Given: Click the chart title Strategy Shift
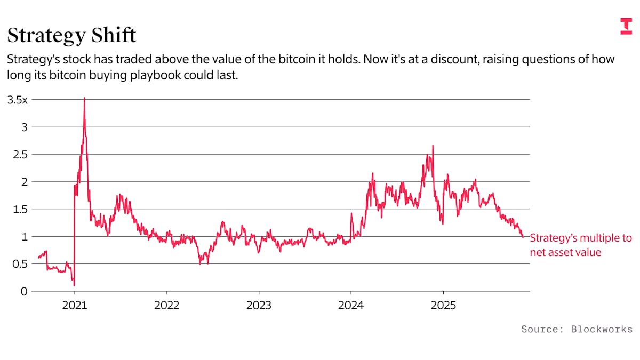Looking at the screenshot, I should pos(71,35).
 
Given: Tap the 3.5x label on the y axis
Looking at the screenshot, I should pos(17,100).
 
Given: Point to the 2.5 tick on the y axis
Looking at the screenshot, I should pos(18,155).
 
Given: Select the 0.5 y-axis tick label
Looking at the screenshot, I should pos(18,264).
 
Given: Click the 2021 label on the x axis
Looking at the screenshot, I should pos(75,307).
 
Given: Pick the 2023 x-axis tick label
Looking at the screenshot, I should pos(259,307).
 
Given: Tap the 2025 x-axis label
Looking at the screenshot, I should pos(443,307).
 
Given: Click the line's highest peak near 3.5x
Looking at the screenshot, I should pos(84,98).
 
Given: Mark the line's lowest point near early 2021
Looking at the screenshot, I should pos(74,285).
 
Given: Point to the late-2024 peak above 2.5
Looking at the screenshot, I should pos(433,146).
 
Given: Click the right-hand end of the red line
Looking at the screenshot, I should pos(523,237).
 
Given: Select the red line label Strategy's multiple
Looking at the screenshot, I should pos(580,238).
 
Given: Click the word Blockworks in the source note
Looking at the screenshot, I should pos(602,329).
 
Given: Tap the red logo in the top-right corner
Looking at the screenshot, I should pos(626,26).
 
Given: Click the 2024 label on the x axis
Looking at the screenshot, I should pos(351,307).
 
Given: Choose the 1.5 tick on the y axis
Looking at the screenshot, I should pos(18,209).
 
